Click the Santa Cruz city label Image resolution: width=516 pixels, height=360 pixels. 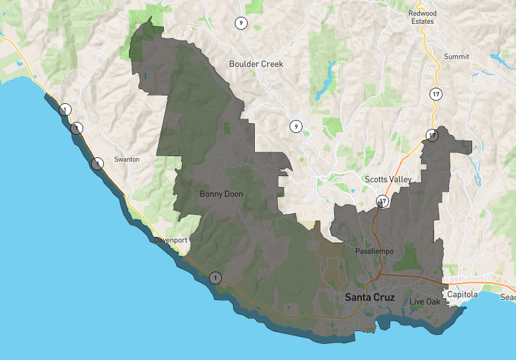point(371,297)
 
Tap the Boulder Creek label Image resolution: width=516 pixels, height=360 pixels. point(256,64)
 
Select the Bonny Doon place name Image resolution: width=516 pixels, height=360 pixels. point(221,194)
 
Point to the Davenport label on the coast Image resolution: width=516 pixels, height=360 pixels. point(171,240)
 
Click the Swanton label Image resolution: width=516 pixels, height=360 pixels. point(126,159)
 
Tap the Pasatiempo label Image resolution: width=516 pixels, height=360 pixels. point(374,250)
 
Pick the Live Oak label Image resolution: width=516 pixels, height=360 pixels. point(424,302)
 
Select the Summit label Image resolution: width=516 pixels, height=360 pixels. point(457,57)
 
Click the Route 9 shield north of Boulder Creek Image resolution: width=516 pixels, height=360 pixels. point(240,23)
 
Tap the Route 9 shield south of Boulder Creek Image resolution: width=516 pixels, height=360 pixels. point(295,126)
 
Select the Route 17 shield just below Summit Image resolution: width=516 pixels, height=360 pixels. point(436,95)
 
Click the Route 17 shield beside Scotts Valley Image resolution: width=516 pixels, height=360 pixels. point(383,201)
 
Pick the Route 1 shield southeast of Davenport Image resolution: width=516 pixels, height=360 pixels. point(215,278)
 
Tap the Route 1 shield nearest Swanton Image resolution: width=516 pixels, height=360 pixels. point(97,163)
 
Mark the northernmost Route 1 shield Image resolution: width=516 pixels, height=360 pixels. point(64,110)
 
